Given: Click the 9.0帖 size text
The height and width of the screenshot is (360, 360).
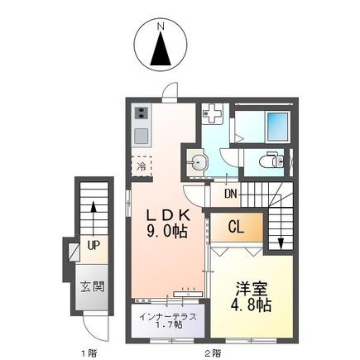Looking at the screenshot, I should pos(171,233).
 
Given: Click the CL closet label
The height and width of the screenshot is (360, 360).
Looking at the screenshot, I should pos(235,226).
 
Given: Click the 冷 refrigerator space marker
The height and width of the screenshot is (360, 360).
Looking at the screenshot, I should pos(141,166).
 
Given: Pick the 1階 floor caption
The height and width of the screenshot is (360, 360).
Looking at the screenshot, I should pos(87,353).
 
